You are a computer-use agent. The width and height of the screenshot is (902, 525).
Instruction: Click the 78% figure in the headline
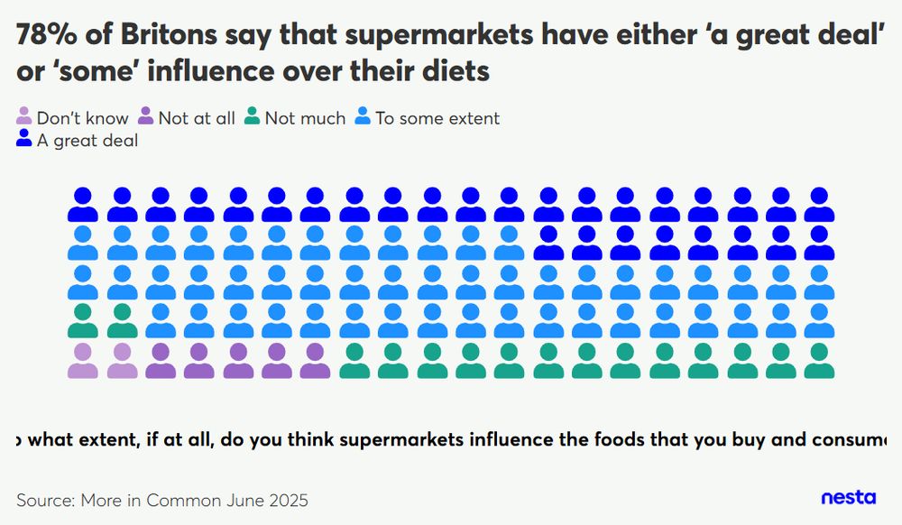[45, 35]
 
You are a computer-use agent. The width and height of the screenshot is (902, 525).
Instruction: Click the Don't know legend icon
[24, 117]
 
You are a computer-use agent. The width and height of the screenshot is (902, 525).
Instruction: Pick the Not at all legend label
[197, 118]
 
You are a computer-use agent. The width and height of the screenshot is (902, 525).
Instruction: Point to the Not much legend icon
[253, 117]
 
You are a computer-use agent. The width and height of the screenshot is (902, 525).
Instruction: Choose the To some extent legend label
[437, 118]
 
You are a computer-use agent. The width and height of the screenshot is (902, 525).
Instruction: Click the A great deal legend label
[87, 141]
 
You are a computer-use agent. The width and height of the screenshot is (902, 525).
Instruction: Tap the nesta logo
[848, 497]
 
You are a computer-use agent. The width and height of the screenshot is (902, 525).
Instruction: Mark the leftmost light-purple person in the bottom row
[83, 360]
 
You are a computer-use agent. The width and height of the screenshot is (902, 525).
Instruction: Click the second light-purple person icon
[122, 360]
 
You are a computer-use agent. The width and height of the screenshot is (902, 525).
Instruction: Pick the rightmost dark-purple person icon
[316, 360]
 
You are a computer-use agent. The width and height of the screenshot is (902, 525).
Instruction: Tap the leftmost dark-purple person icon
[161, 360]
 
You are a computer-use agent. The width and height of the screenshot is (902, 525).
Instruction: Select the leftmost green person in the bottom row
[354, 360]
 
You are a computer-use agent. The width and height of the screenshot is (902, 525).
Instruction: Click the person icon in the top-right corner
[819, 205]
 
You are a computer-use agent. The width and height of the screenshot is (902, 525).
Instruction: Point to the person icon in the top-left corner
[83, 205]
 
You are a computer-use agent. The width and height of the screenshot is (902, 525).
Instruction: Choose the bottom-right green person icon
[819, 360]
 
